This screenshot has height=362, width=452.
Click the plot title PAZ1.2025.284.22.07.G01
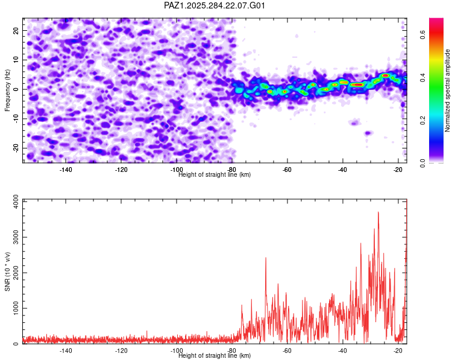click(x=215, y=5)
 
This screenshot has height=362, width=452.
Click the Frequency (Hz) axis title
click(x=8, y=89)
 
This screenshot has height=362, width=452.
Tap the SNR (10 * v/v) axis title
click(x=8, y=271)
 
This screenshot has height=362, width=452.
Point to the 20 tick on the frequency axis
click(x=17, y=30)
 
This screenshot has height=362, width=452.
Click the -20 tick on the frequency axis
click(x=16, y=148)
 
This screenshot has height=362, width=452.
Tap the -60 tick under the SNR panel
click(x=287, y=351)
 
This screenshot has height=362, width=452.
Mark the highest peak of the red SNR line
click(x=378, y=212)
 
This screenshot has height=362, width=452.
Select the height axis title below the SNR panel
click(x=215, y=356)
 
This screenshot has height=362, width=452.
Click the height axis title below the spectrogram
click(x=215, y=175)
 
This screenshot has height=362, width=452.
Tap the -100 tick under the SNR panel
click(x=176, y=351)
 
